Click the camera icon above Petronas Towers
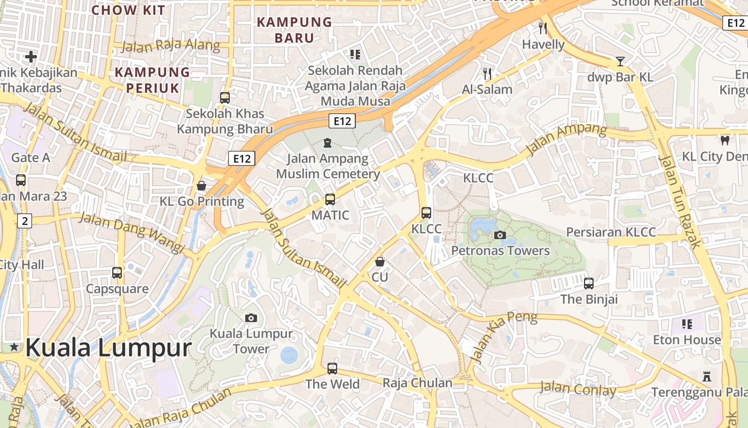point(500,235)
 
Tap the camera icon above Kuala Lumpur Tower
point(251,318)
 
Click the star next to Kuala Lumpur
point(14,348)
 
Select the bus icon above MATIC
point(330,200)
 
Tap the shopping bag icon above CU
point(379,262)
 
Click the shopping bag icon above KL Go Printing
point(201,186)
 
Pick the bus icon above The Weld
point(332,368)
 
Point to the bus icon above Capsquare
point(117,273)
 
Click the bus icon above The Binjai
point(589,284)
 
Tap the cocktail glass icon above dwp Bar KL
point(620,62)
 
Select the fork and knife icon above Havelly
point(543,28)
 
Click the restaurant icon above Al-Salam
point(487,73)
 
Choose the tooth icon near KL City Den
point(724,141)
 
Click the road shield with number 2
point(24,220)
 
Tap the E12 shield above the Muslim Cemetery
point(342,121)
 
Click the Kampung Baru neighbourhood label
point(294,30)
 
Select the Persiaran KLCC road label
point(611,232)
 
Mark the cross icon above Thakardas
point(31,56)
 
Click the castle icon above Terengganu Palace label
point(707,377)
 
